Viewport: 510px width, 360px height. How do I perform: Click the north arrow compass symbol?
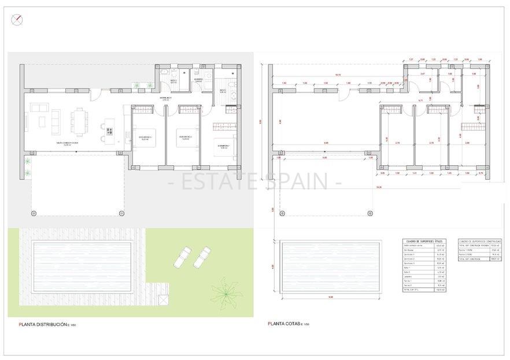18,20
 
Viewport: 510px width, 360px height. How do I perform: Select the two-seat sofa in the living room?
40,107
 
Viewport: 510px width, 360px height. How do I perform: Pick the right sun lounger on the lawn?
202,256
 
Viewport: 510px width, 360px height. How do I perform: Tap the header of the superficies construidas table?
479,241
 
